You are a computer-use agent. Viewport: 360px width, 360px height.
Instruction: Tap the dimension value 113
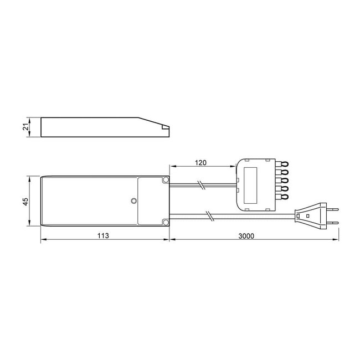[102, 235]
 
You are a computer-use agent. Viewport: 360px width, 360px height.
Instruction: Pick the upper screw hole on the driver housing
[165, 181]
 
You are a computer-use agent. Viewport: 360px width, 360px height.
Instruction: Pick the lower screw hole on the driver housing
[165, 223]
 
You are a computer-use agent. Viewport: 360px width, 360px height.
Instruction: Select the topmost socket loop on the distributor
[284, 164]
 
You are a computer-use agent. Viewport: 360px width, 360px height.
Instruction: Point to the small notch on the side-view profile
[164, 129]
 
